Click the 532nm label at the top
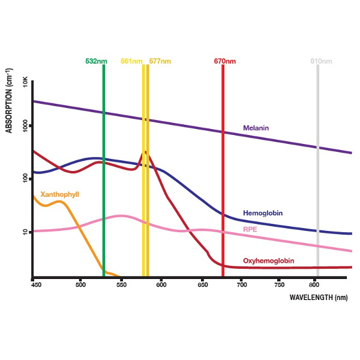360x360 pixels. tap(97, 61)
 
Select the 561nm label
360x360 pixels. tap(131, 61)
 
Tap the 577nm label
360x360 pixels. tap(160, 61)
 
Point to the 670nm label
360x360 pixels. tap(225, 61)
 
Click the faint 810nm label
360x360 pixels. tap(321, 61)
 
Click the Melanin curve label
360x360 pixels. tap(256, 128)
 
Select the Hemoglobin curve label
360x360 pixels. tap(263, 213)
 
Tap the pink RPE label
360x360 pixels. tap(250, 229)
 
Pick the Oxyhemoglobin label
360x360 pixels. tap(268, 261)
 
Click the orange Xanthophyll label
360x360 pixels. tap(59, 194)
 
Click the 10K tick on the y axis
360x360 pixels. tap(25, 82)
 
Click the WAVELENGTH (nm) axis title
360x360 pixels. tap(318, 297)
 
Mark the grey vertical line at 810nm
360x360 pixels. tap(318, 180)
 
